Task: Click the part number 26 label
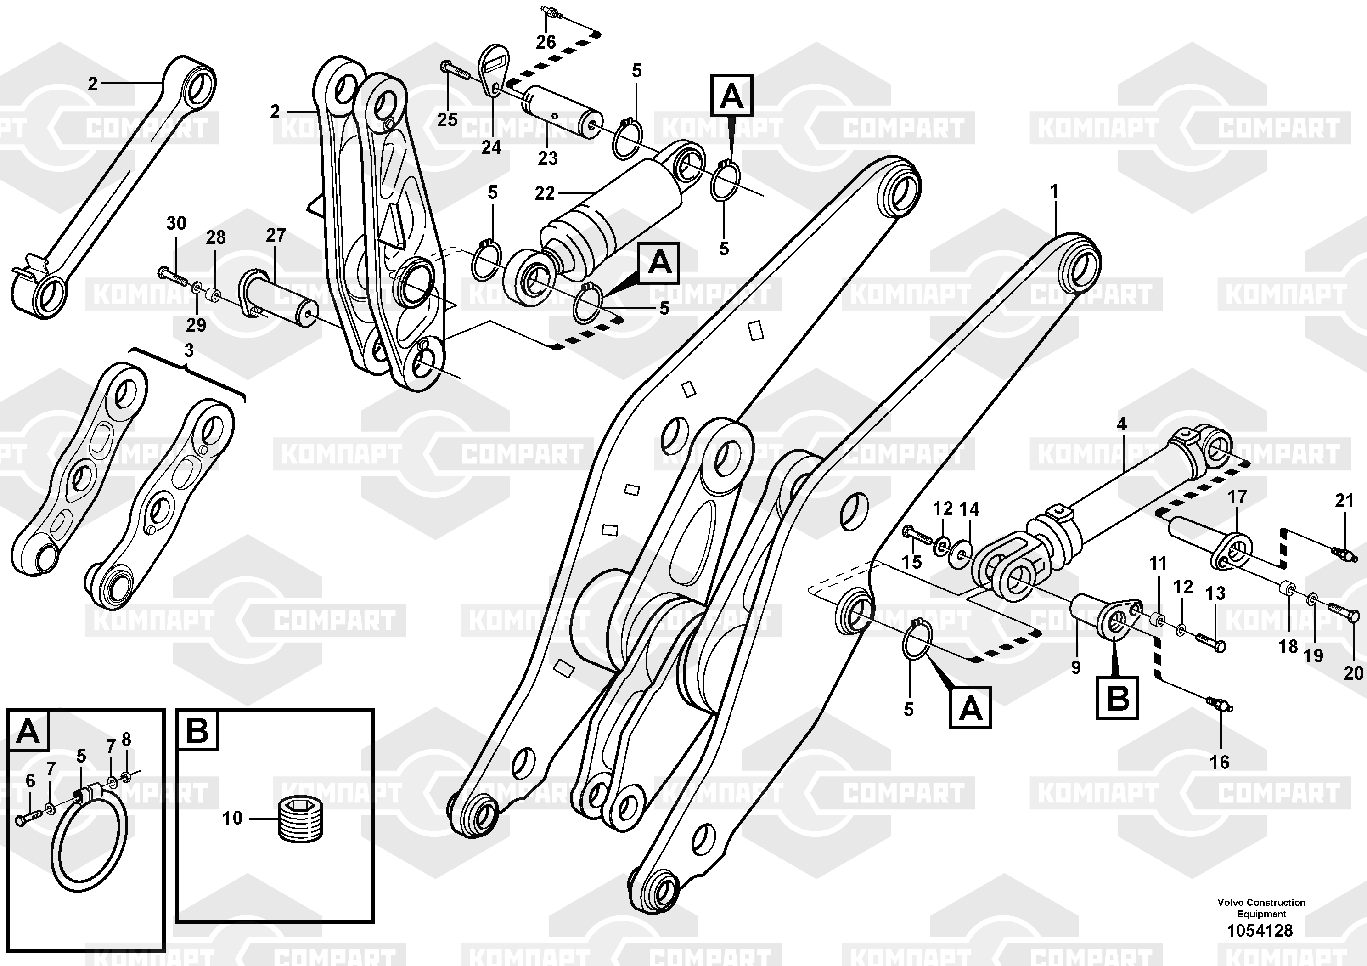pos(546,42)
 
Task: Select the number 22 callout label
pos(545,193)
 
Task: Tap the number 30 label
pos(176,223)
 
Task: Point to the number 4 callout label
pos(1122,424)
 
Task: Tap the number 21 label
pos(1344,501)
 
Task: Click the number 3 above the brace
pos(189,351)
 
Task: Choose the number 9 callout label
pos(1076,667)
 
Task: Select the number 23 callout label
pos(548,158)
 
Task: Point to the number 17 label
pos(1237,497)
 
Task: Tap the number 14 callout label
pos(969,509)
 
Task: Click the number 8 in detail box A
pos(126,740)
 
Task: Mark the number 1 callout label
pos(1054,192)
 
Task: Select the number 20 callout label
pos(1353,673)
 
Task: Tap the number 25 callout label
pos(448,120)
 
